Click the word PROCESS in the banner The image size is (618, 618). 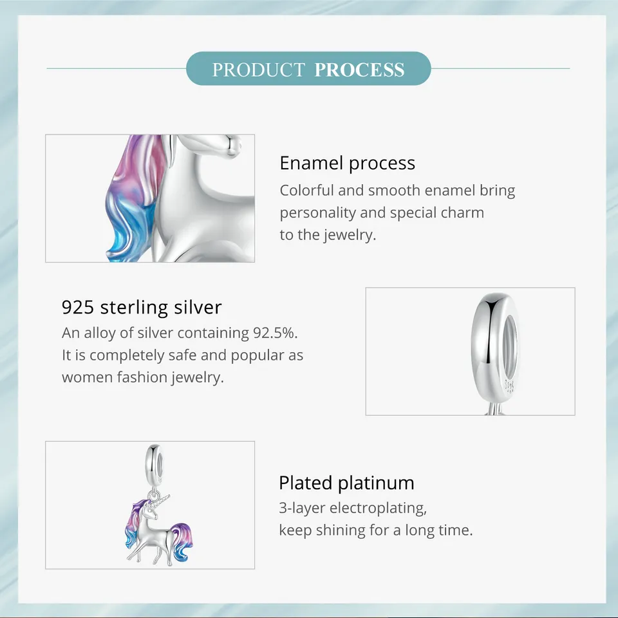(359, 70)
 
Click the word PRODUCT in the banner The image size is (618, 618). (259, 70)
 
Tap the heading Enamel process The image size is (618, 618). (347, 163)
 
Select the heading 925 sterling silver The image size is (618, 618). (142, 307)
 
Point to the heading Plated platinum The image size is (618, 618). (346, 482)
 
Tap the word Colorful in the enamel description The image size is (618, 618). (306, 191)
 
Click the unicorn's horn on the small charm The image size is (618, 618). (162, 500)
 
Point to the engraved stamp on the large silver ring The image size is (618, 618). (509, 386)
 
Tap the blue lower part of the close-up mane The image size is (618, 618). (126, 229)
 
